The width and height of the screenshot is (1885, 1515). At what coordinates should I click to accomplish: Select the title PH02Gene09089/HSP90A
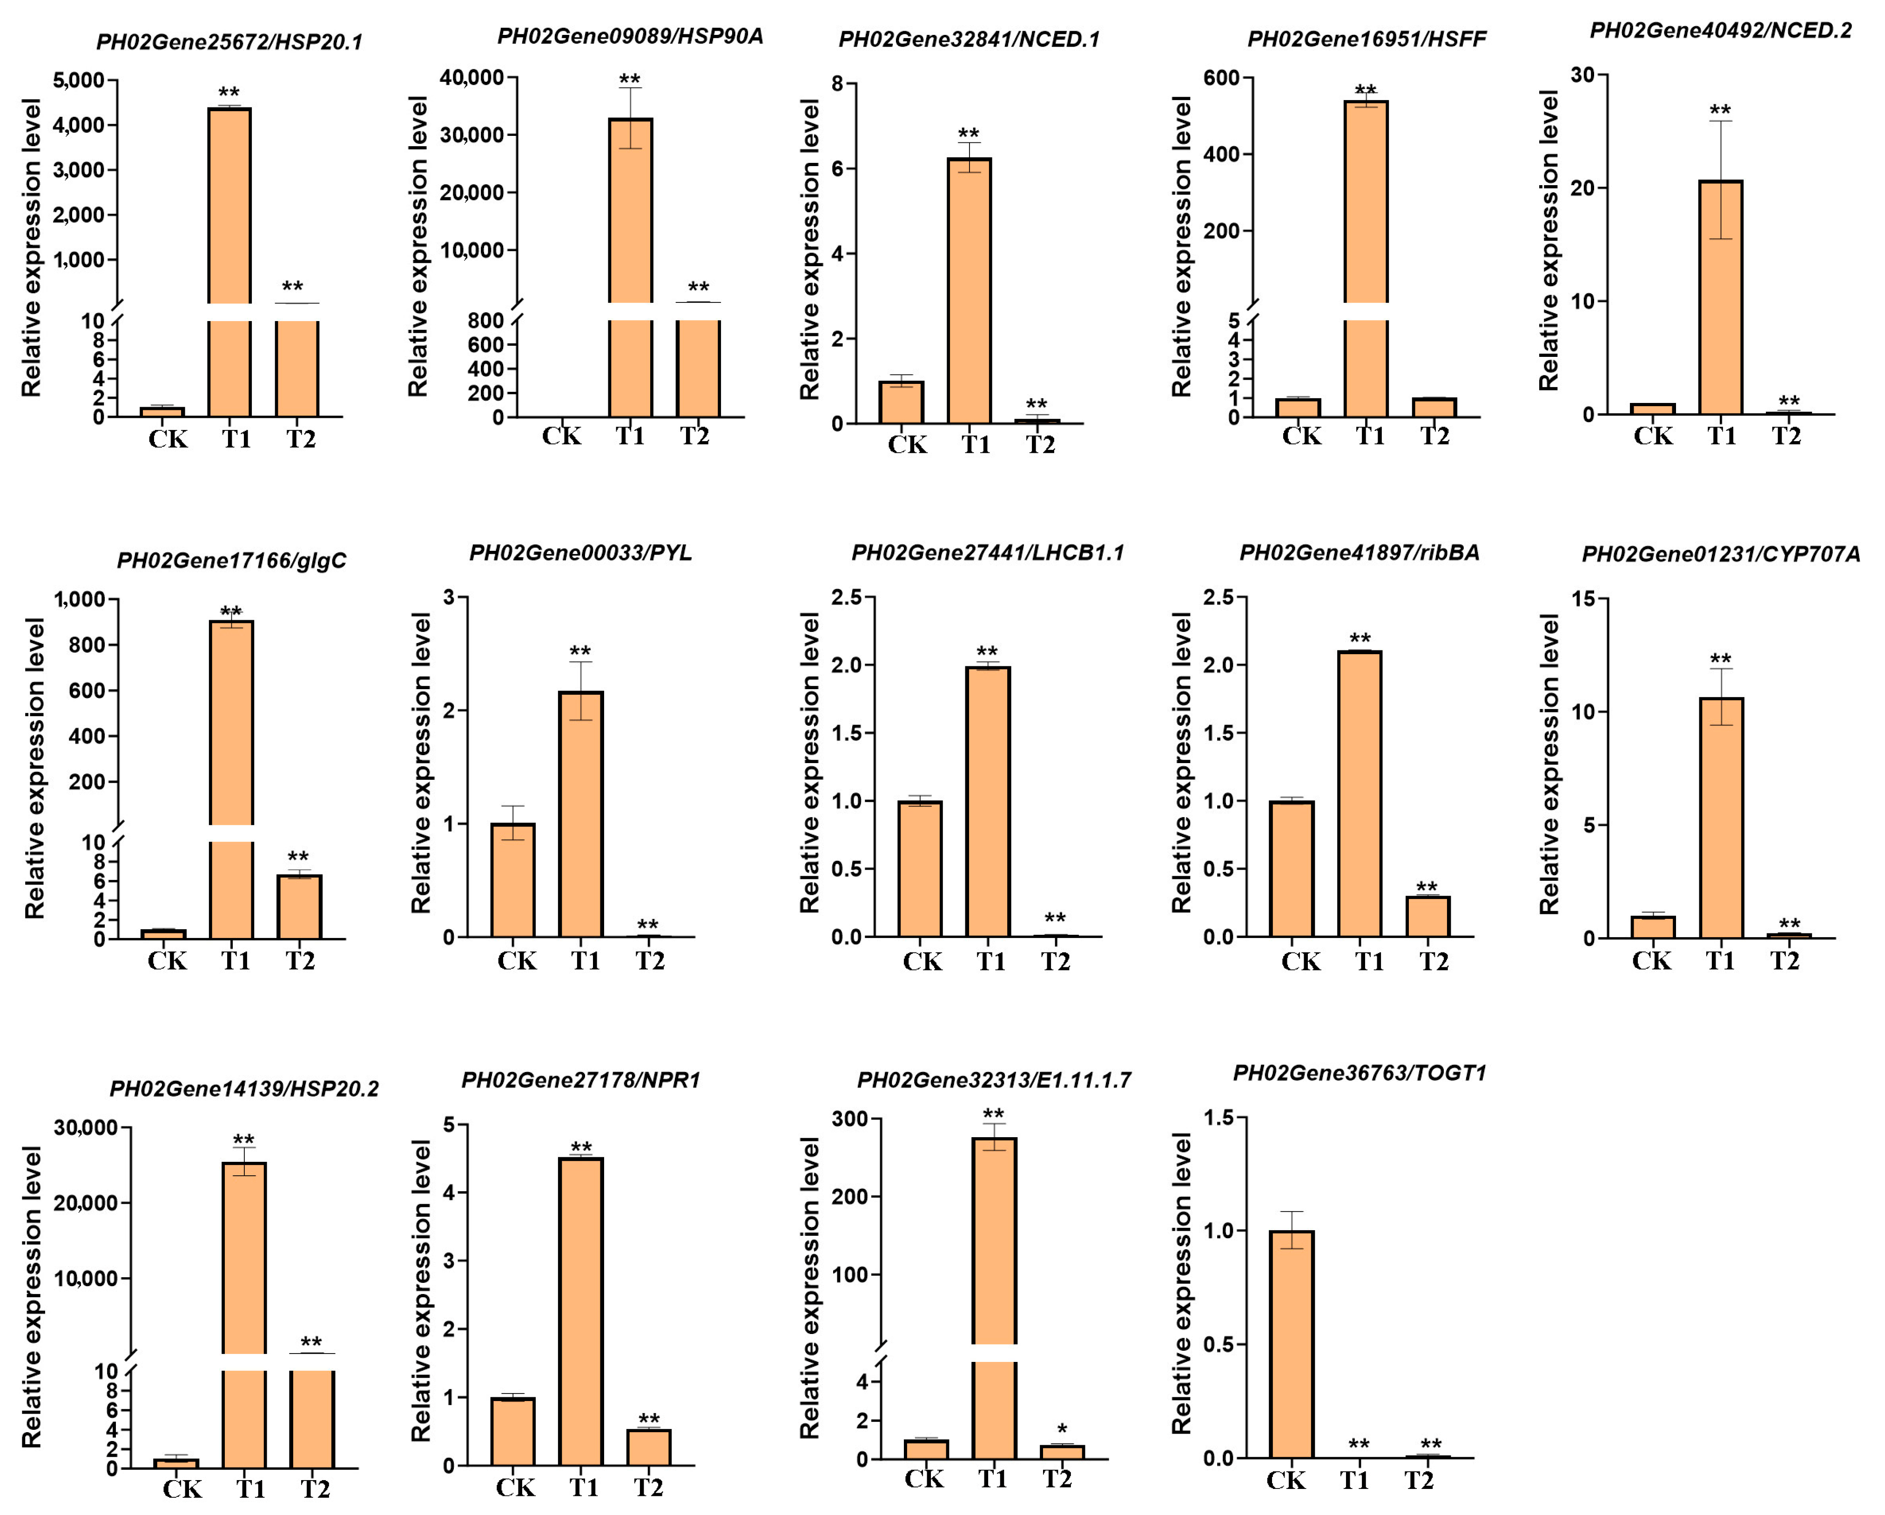pos(630,36)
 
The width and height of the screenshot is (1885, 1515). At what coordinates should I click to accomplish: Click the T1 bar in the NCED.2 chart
pos(1720,297)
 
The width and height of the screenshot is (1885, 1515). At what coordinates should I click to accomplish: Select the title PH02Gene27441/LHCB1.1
pos(987,552)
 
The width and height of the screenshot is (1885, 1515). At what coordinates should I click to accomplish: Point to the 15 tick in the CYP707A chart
pos(1596,599)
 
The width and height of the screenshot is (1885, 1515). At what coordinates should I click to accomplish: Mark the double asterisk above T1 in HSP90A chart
pos(630,80)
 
